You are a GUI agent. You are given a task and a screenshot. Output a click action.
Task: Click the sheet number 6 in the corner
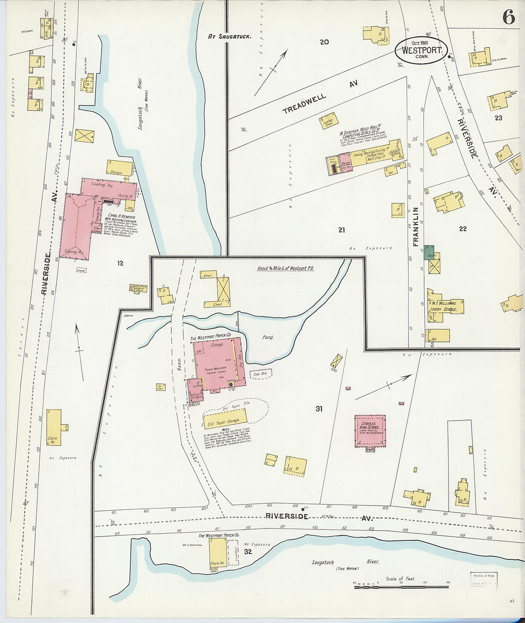tap(508, 18)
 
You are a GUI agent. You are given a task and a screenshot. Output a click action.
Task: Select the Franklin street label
tap(416, 226)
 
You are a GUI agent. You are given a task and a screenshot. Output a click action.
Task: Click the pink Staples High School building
tap(370, 431)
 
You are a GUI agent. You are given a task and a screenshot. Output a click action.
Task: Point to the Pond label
tap(268, 338)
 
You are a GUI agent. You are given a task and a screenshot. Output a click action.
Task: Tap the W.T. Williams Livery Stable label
tap(444, 306)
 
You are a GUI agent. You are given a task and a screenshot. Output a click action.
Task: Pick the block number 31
tap(319, 409)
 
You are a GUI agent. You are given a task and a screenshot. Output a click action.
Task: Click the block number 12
tap(120, 263)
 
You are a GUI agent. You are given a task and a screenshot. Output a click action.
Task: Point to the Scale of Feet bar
tap(400, 586)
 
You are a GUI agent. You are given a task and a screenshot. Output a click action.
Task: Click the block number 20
tap(324, 42)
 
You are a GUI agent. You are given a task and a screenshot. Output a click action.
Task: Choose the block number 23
tap(498, 118)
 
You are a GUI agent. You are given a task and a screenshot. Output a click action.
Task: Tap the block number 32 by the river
tap(248, 551)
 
